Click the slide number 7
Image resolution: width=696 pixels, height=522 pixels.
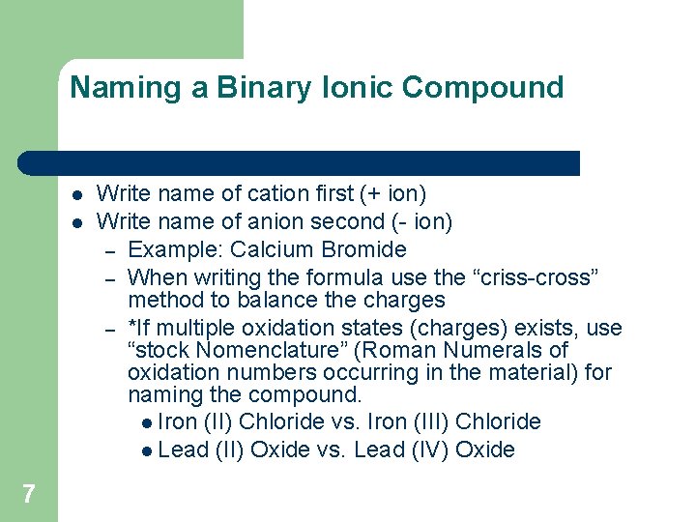tap(28, 495)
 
